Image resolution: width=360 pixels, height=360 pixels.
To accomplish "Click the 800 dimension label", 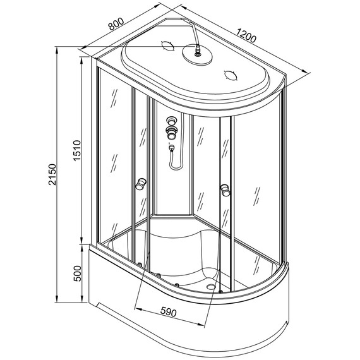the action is [x=116, y=23].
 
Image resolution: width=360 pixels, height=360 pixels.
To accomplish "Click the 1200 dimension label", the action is [x=246, y=35].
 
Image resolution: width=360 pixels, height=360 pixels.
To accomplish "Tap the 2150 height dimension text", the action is [x=52, y=174].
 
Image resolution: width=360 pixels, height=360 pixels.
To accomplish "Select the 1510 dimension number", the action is [x=77, y=150].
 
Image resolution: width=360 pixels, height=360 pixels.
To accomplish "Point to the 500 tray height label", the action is [x=77, y=273].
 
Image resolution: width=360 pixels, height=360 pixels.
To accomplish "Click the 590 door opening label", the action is [x=169, y=312].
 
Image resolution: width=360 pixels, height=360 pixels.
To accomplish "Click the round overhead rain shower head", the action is [x=197, y=54].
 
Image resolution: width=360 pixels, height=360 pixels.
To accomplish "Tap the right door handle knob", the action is [x=225, y=190].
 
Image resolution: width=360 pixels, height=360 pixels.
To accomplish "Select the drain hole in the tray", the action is [x=211, y=286].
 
